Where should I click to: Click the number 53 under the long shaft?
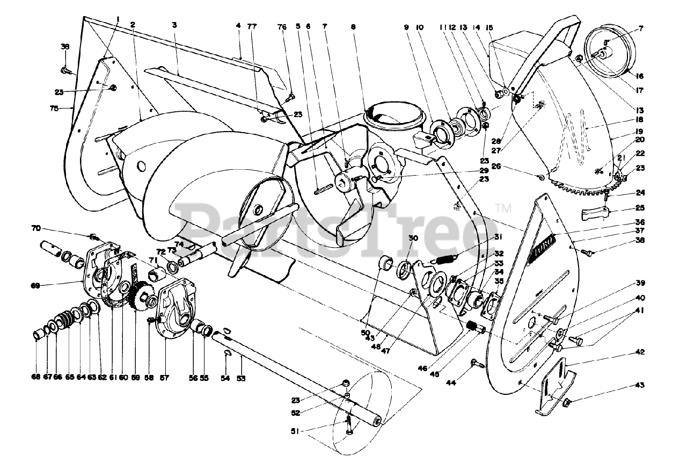242,378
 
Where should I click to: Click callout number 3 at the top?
175,25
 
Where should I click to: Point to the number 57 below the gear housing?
164,378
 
